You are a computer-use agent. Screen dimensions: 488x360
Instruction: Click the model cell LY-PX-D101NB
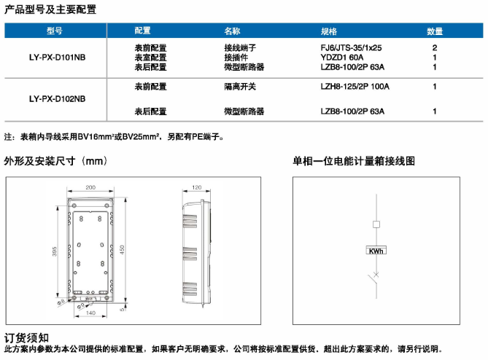(x=58, y=58)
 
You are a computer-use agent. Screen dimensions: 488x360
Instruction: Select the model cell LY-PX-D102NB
(x=58, y=99)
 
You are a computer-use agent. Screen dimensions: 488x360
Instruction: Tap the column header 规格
(x=329, y=31)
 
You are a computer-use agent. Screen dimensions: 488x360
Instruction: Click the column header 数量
(x=435, y=31)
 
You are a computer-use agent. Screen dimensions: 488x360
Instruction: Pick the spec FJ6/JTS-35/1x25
(x=351, y=48)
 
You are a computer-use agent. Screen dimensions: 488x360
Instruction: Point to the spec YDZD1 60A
(x=341, y=58)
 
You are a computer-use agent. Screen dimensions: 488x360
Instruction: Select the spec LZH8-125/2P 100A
(x=355, y=87)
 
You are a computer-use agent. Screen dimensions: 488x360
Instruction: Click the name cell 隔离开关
(x=240, y=87)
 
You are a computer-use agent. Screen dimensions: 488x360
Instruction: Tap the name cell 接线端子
(x=240, y=48)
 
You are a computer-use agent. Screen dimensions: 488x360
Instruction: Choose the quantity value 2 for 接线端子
(x=435, y=48)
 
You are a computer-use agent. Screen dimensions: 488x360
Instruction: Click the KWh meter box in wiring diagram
(x=376, y=251)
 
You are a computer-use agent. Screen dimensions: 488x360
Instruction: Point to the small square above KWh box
(x=376, y=224)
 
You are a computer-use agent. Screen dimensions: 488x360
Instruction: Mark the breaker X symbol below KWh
(x=376, y=275)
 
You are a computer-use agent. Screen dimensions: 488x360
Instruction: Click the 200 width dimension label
(x=90, y=187)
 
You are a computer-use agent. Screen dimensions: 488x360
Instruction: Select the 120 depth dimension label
(x=197, y=187)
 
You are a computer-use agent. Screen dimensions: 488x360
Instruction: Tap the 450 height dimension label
(x=122, y=250)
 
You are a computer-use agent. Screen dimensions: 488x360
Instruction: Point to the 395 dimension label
(x=55, y=251)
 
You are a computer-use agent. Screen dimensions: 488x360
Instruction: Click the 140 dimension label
(x=90, y=313)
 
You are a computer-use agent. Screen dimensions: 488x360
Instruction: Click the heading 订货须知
(x=26, y=338)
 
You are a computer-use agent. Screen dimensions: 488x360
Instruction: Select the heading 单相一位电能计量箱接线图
(x=354, y=161)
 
